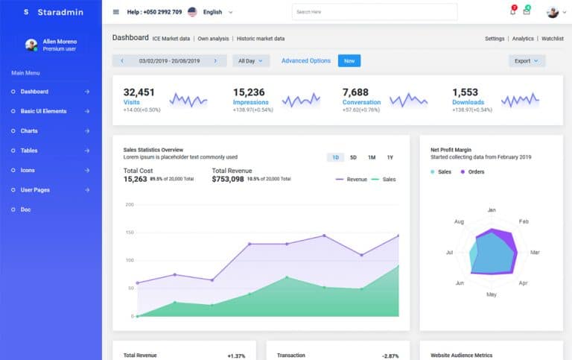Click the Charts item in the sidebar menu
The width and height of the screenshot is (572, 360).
[29, 131]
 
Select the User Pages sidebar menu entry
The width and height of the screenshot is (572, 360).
[35, 190]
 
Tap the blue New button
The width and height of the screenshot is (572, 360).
[349, 60]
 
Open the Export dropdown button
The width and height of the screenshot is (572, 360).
[527, 61]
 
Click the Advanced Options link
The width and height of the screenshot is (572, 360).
[305, 60]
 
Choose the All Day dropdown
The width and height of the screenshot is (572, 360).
[251, 61]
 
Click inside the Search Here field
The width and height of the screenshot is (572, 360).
[374, 12]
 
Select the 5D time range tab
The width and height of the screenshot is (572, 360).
[354, 157]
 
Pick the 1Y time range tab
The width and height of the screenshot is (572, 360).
[390, 157]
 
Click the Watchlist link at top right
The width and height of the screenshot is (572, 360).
[552, 38]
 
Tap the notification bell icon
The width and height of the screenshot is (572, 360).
[512, 12]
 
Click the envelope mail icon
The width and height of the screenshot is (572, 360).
[527, 12]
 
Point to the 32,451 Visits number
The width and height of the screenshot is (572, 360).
[139, 92]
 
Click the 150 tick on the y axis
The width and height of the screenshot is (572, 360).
[129, 233]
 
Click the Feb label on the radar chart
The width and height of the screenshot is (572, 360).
[524, 221]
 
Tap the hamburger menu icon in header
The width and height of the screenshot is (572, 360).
[115, 12]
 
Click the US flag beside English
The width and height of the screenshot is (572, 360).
[192, 12]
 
